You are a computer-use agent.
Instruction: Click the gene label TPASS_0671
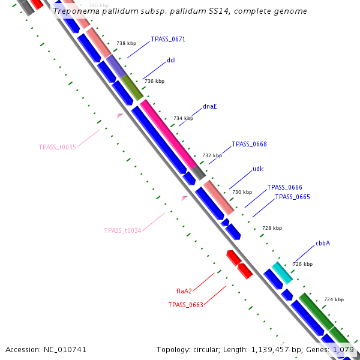[x=168, y=39]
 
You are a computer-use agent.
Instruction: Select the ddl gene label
[x=171, y=60]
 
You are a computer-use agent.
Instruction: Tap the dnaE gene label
[x=210, y=106]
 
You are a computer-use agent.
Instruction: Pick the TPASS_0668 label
[x=249, y=144]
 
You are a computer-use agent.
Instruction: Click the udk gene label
[x=258, y=169]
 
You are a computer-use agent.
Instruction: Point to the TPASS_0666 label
[x=284, y=187]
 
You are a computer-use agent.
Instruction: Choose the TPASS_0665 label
[x=292, y=197]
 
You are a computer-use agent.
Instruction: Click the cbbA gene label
[x=323, y=244]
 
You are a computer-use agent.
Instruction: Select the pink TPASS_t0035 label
[x=57, y=147]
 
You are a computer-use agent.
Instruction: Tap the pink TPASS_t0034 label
[x=122, y=230]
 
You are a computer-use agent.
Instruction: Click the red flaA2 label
[x=184, y=291]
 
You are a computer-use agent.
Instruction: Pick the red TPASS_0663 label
[x=185, y=305]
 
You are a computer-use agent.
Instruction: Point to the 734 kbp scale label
[x=183, y=118]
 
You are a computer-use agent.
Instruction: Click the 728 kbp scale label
[x=272, y=228]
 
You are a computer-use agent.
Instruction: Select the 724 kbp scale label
[x=334, y=299]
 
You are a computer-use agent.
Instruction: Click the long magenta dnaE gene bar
[x=168, y=134]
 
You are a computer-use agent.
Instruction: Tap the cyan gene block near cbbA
[x=281, y=272]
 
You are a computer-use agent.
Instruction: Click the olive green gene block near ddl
[x=132, y=88]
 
